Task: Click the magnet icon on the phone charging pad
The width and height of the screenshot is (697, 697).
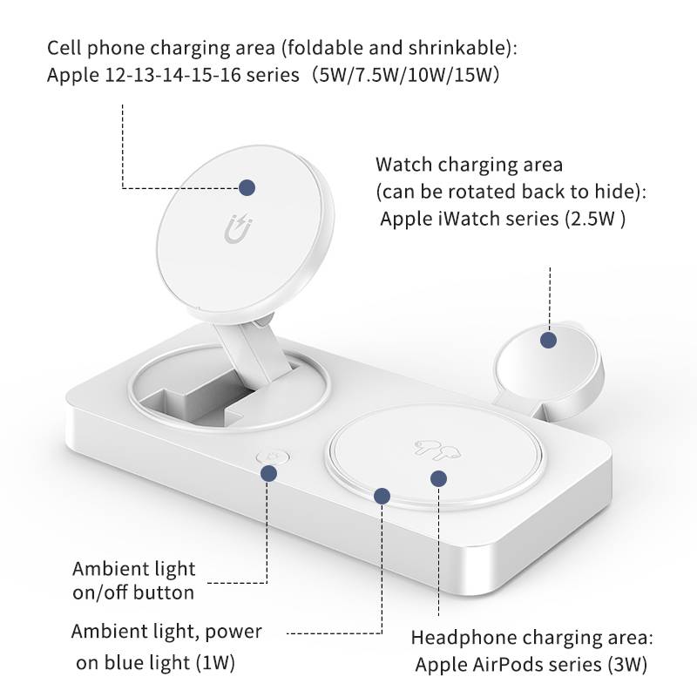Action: point(238,228)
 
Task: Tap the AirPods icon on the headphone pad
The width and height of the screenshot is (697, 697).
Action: point(436,450)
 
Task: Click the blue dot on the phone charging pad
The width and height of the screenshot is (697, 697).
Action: point(247,187)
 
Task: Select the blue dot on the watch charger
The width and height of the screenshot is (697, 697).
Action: point(549,340)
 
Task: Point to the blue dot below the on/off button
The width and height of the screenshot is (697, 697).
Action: point(268,473)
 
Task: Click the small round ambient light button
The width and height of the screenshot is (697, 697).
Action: point(273,457)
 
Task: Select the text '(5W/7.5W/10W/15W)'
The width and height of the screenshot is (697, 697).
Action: point(405,75)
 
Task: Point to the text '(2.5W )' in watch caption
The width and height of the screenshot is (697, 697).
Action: point(595,219)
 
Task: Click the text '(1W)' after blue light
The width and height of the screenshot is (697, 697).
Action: point(215,663)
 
